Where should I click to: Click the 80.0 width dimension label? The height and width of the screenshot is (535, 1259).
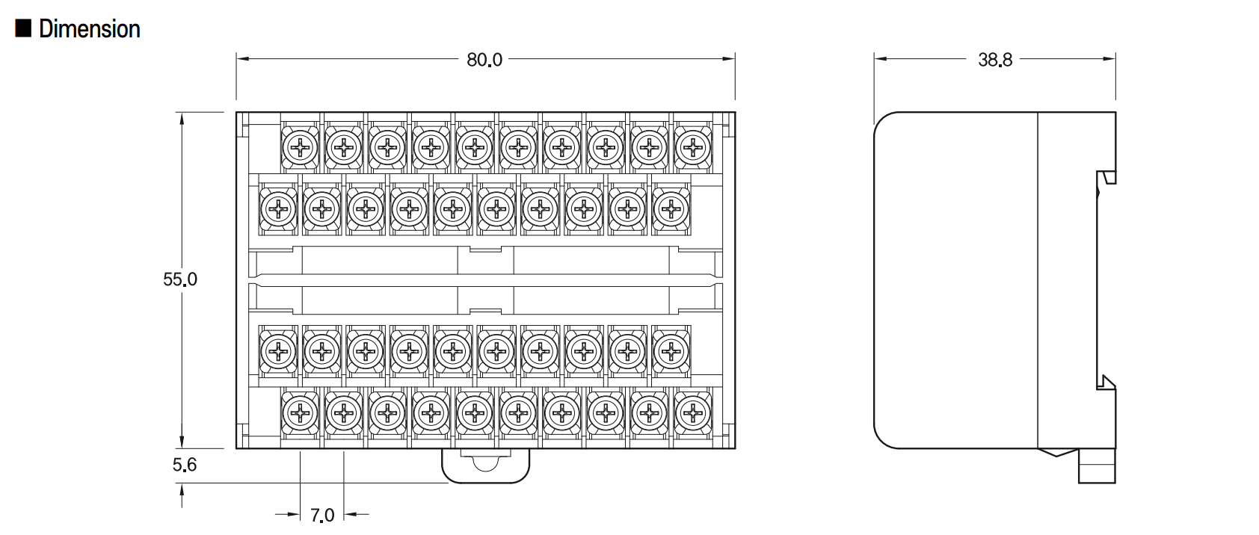[484, 60]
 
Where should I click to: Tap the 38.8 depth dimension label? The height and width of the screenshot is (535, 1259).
[995, 60]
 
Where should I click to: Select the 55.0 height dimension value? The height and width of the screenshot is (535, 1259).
[180, 279]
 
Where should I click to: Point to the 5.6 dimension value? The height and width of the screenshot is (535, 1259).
[185, 465]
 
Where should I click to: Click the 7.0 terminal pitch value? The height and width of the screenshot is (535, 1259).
[322, 515]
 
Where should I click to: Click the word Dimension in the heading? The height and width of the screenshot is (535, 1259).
[90, 29]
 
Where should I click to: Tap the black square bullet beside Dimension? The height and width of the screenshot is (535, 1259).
[23, 28]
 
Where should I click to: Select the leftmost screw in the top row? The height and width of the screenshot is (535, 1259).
[300, 148]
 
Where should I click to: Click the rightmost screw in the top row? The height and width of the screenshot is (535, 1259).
[692, 148]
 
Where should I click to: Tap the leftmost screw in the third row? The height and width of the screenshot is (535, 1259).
[278, 352]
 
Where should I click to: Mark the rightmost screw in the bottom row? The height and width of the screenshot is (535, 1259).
[692, 414]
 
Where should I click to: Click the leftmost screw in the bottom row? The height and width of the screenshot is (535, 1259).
[300, 414]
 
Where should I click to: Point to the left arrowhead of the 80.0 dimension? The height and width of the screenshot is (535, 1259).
[243, 58]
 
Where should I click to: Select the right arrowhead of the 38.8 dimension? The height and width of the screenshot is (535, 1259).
[1109, 58]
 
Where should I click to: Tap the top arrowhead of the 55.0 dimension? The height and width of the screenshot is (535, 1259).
[182, 119]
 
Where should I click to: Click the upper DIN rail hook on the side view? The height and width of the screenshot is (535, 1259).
[1107, 178]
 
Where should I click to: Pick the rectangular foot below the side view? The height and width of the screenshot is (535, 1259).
[1097, 466]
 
